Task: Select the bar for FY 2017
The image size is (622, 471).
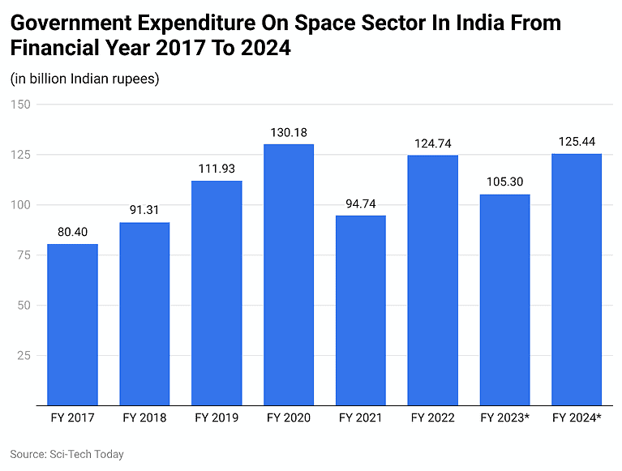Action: (x=72, y=324)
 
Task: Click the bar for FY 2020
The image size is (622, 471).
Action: (x=289, y=275)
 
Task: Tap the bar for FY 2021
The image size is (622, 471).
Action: (x=360, y=310)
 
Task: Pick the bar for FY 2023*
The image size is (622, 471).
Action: (x=504, y=299)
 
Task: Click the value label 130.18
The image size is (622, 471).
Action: (x=289, y=132)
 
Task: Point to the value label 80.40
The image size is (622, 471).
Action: (x=72, y=232)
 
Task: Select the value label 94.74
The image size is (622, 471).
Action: (x=360, y=203)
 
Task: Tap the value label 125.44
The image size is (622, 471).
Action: (x=577, y=142)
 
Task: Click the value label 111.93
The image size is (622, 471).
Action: (x=217, y=169)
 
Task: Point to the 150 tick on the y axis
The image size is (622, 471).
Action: (x=20, y=105)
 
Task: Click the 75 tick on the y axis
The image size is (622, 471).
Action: (x=24, y=255)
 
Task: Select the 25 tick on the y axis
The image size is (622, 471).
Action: (x=24, y=356)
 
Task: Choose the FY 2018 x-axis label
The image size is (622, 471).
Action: (x=144, y=418)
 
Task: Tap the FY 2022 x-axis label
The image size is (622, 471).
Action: (x=432, y=418)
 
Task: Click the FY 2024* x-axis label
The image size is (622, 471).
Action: (x=577, y=418)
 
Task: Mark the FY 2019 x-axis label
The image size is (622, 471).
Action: (x=217, y=418)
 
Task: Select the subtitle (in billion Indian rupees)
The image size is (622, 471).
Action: (x=84, y=79)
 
